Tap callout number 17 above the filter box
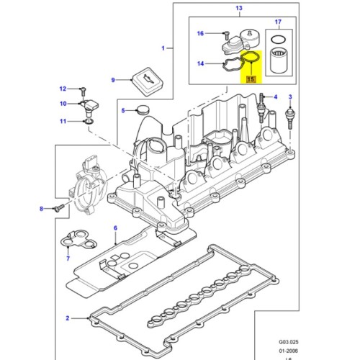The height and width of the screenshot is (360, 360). click(x=279, y=23)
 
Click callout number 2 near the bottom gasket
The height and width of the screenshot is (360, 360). click(x=68, y=318)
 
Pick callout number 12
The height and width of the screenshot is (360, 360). click(x=63, y=89)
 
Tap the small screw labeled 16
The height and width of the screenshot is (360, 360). click(x=225, y=34)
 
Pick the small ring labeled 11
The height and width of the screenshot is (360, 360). click(x=87, y=122)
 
